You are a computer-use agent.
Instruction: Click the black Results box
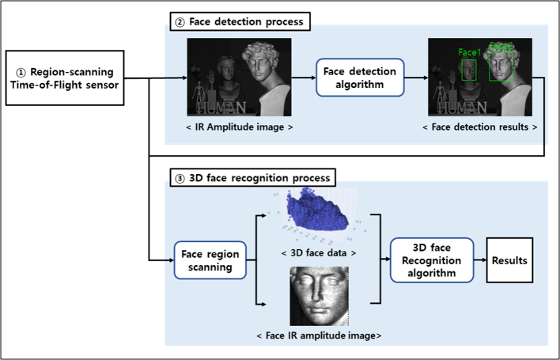click(509, 260)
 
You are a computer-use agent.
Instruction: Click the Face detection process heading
click(240, 21)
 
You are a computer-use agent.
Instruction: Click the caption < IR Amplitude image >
click(240, 127)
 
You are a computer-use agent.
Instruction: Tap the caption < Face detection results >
click(479, 127)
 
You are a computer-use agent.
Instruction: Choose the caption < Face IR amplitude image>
click(319, 335)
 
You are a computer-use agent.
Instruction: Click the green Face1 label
click(468, 52)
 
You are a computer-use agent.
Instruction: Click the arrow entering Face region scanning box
click(162, 260)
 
